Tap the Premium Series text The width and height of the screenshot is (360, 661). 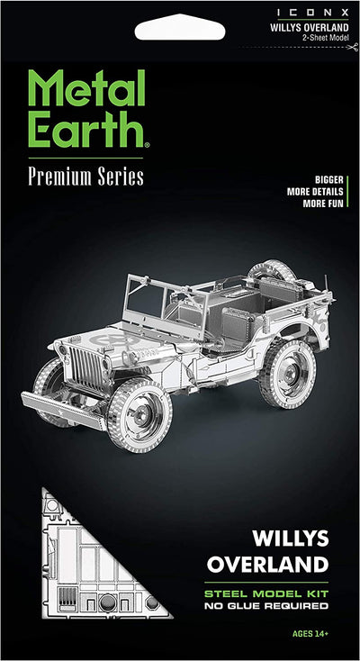85,177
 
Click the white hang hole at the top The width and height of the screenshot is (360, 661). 180,31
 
